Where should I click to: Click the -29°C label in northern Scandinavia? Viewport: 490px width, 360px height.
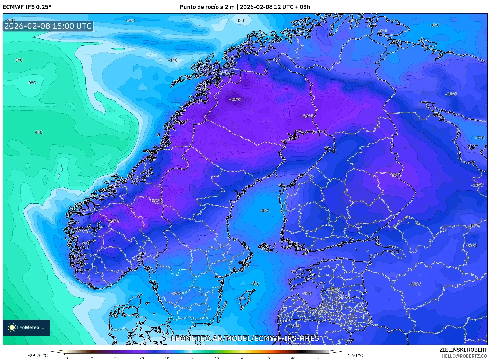click(x=235, y=100)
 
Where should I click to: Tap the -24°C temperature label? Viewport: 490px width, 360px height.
click(x=307, y=116)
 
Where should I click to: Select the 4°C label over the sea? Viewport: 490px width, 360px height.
click(x=38, y=132)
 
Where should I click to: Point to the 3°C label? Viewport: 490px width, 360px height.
click(x=19, y=60)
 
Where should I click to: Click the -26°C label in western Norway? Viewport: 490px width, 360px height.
click(x=114, y=221)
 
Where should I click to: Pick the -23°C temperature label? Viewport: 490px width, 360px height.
click(x=157, y=200)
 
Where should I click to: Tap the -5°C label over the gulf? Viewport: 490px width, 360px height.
click(x=264, y=211)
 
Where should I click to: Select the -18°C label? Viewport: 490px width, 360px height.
click(x=396, y=175)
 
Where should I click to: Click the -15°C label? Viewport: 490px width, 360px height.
click(x=451, y=94)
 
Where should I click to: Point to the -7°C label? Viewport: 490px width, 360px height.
click(x=480, y=138)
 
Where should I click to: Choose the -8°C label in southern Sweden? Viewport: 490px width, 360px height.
click(x=176, y=294)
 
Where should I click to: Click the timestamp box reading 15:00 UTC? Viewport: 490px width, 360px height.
click(x=48, y=26)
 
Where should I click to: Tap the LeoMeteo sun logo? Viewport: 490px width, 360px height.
click(x=12, y=327)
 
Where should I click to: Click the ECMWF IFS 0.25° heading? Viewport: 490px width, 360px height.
click(x=27, y=7)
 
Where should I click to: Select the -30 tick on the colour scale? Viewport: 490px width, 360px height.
click(x=115, y=358)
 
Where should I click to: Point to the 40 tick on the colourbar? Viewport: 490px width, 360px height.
click(x=293, y=358)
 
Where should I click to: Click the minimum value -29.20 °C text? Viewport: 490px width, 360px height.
click(x=38, y=355)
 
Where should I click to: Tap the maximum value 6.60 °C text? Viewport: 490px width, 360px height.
click(x=355, y=355)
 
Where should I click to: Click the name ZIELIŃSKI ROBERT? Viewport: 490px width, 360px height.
click(x=463, y=350)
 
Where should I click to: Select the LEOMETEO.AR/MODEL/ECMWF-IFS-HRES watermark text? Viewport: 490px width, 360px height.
click(x=245, y=338)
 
